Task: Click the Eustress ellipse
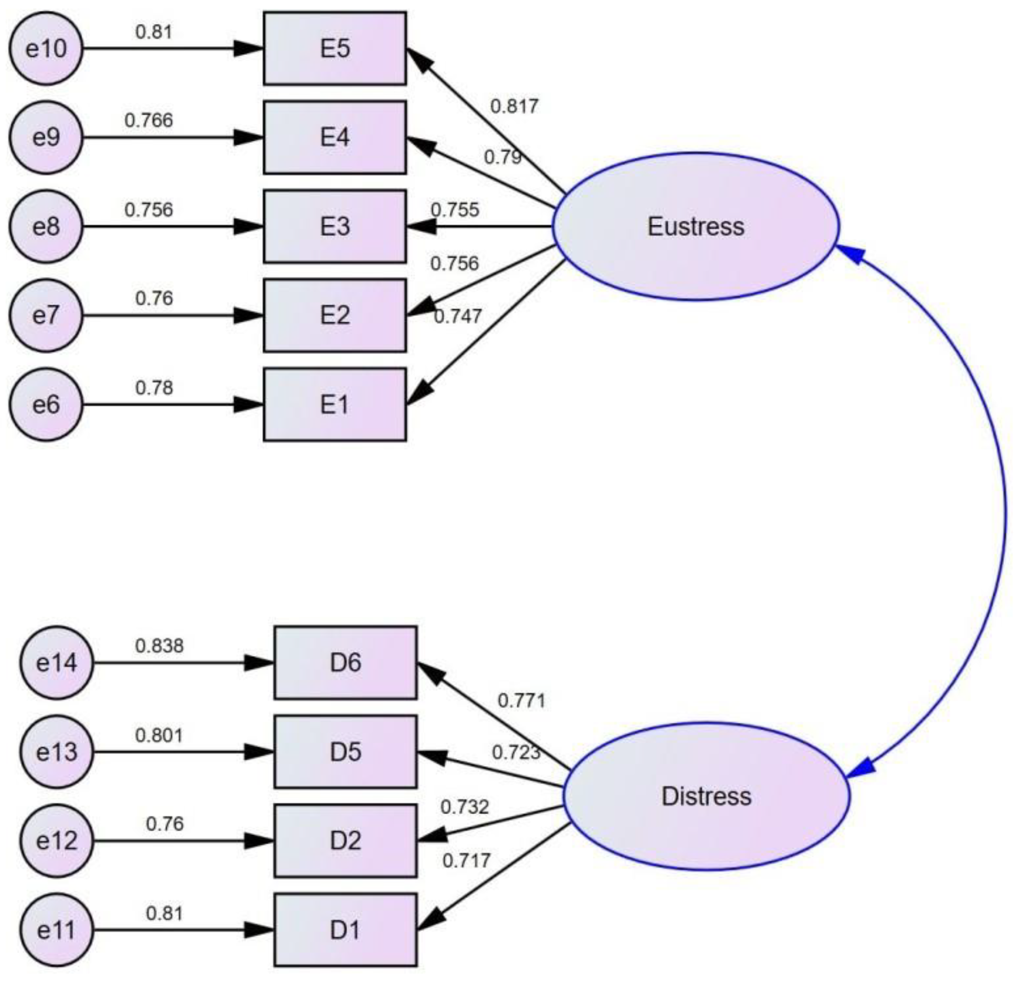tap(695, 227)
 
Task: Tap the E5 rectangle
tap(335, 48)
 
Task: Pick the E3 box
tap(335, 226)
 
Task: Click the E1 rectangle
tap(335, 405)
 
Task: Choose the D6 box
tap(345, 663)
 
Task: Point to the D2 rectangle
tap(345, 840)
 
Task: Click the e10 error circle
tap(46, 48)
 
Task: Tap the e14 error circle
tap(57, 663)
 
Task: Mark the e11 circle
tap(57, 930)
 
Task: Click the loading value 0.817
tap(515, 106)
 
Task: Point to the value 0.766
tap(149, 120)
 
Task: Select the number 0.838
tap(159, 646)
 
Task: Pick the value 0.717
tap(466, 861)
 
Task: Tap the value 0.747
tap(457, 316)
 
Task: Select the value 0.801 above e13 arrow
tap(159, 735)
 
